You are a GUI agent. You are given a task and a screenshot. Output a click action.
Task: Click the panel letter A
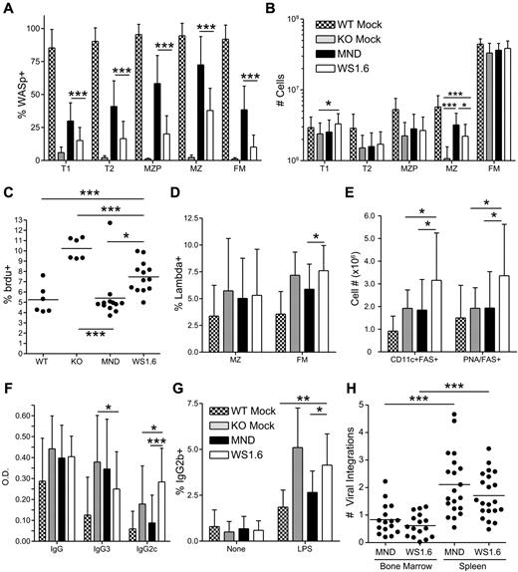pyautogui.click(x=9, y=9)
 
